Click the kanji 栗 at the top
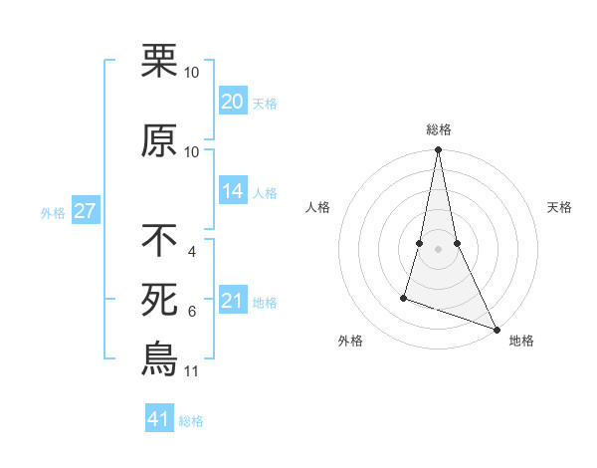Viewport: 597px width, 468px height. coord(159,62)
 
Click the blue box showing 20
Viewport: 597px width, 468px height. coord(232,102)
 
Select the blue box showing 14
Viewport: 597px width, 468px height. coord(232,191)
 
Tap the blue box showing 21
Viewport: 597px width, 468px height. coord(232,301)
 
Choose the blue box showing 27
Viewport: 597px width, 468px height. coord(86,210)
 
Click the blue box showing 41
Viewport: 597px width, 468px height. coord(159,419)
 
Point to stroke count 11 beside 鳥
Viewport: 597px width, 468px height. coord(191,371)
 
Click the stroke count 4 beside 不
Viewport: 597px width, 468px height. coord(191,251)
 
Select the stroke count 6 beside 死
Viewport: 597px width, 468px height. coord(191,311)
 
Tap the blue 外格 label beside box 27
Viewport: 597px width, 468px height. coord(52,211)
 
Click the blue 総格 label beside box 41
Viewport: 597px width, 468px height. coord(191,420)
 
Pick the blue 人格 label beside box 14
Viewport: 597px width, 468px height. coord(265,192)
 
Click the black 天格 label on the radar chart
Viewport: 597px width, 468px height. coord(560,207)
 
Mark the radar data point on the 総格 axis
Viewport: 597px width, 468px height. coord(438,150)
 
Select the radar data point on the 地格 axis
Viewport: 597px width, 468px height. coord(496,330)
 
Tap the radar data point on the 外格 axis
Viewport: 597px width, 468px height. coord(404,297)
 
